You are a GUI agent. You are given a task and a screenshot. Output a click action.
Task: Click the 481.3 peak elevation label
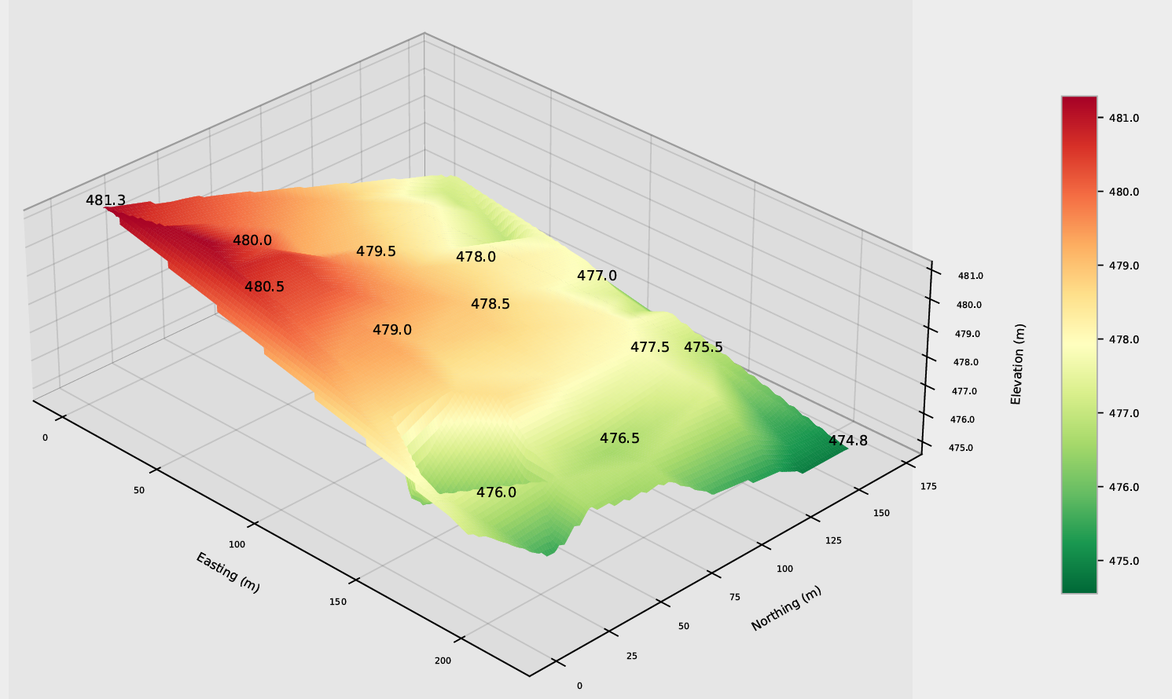tap(105, 200)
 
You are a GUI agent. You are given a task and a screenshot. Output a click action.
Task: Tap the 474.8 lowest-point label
tap(847, 441)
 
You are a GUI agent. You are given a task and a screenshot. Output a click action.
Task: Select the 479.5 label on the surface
tap(376, 251)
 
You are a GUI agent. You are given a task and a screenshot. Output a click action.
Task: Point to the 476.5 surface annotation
tap(619, 438)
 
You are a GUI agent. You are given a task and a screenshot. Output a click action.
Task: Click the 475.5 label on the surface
tap(704, 347)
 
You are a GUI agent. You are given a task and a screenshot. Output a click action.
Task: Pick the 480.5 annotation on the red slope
tap(264, 287)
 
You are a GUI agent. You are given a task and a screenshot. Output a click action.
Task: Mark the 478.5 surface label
tap(490, 304)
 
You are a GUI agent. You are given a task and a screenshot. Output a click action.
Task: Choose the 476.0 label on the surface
tap(496, 492)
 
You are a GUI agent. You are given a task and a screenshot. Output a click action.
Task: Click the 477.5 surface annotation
tap(650, 347)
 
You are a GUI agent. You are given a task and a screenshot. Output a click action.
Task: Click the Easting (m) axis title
tap(228, 573)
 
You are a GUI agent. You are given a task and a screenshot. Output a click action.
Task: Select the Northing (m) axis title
tap(786, 609)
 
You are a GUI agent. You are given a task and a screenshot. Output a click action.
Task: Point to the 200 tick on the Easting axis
tap(443, 661)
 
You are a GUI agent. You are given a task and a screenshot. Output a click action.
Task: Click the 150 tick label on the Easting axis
tap(338, 602)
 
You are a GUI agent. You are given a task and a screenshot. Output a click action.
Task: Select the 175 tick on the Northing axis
tap(928, 486)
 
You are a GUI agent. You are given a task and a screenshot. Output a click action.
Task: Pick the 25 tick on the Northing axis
tap(631, 656)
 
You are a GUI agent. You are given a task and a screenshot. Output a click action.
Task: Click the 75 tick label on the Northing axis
tap(735, 597)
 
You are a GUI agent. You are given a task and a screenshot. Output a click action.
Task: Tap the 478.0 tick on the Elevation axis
tap(966, 362)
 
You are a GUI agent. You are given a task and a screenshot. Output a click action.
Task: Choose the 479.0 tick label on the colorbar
tap(1124, 265)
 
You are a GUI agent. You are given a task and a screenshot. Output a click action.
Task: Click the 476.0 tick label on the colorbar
tap(1124, 487)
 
